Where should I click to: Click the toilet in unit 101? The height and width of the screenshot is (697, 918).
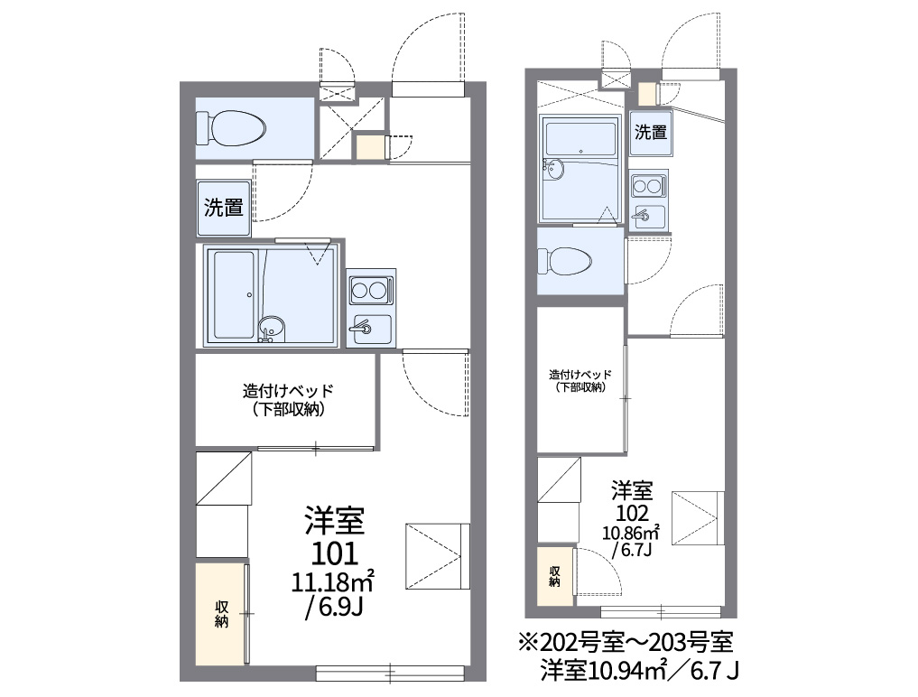click(x=231, y=127)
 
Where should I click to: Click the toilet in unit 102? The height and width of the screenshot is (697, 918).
click(x=565, y=261)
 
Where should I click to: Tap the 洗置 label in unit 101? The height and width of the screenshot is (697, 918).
click(x=223, y=208)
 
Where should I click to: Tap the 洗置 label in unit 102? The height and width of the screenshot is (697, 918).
click(x=651, y=133)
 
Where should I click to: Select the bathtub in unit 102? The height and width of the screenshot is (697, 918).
click(x=580, y=140)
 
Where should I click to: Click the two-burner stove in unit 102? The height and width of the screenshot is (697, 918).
click(x=647, y=186)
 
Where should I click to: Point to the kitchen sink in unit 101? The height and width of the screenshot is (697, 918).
click(x=370, y=330)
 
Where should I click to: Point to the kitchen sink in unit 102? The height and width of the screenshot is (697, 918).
click(x=647, y=217)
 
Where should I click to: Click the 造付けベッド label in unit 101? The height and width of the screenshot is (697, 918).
click(x=288, y=390)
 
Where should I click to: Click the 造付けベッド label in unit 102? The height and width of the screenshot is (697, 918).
click(x=580, y=375)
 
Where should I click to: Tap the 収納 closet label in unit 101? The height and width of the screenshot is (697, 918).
click(x=221, y=614)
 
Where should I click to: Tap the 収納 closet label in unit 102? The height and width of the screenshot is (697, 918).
click(x=554, y=576)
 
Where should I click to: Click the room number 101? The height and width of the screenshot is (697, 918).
click(x=335, y=553)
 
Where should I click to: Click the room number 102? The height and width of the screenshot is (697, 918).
click(x=632, y=514)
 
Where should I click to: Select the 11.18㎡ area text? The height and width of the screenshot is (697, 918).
click(x=333, y=581)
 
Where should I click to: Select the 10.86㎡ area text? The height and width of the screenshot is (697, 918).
click(x=631, y=533)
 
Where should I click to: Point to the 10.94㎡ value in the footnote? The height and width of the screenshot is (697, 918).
click(x=629, y=671)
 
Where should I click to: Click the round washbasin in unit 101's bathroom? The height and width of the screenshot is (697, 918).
click(x=271, y=326)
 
